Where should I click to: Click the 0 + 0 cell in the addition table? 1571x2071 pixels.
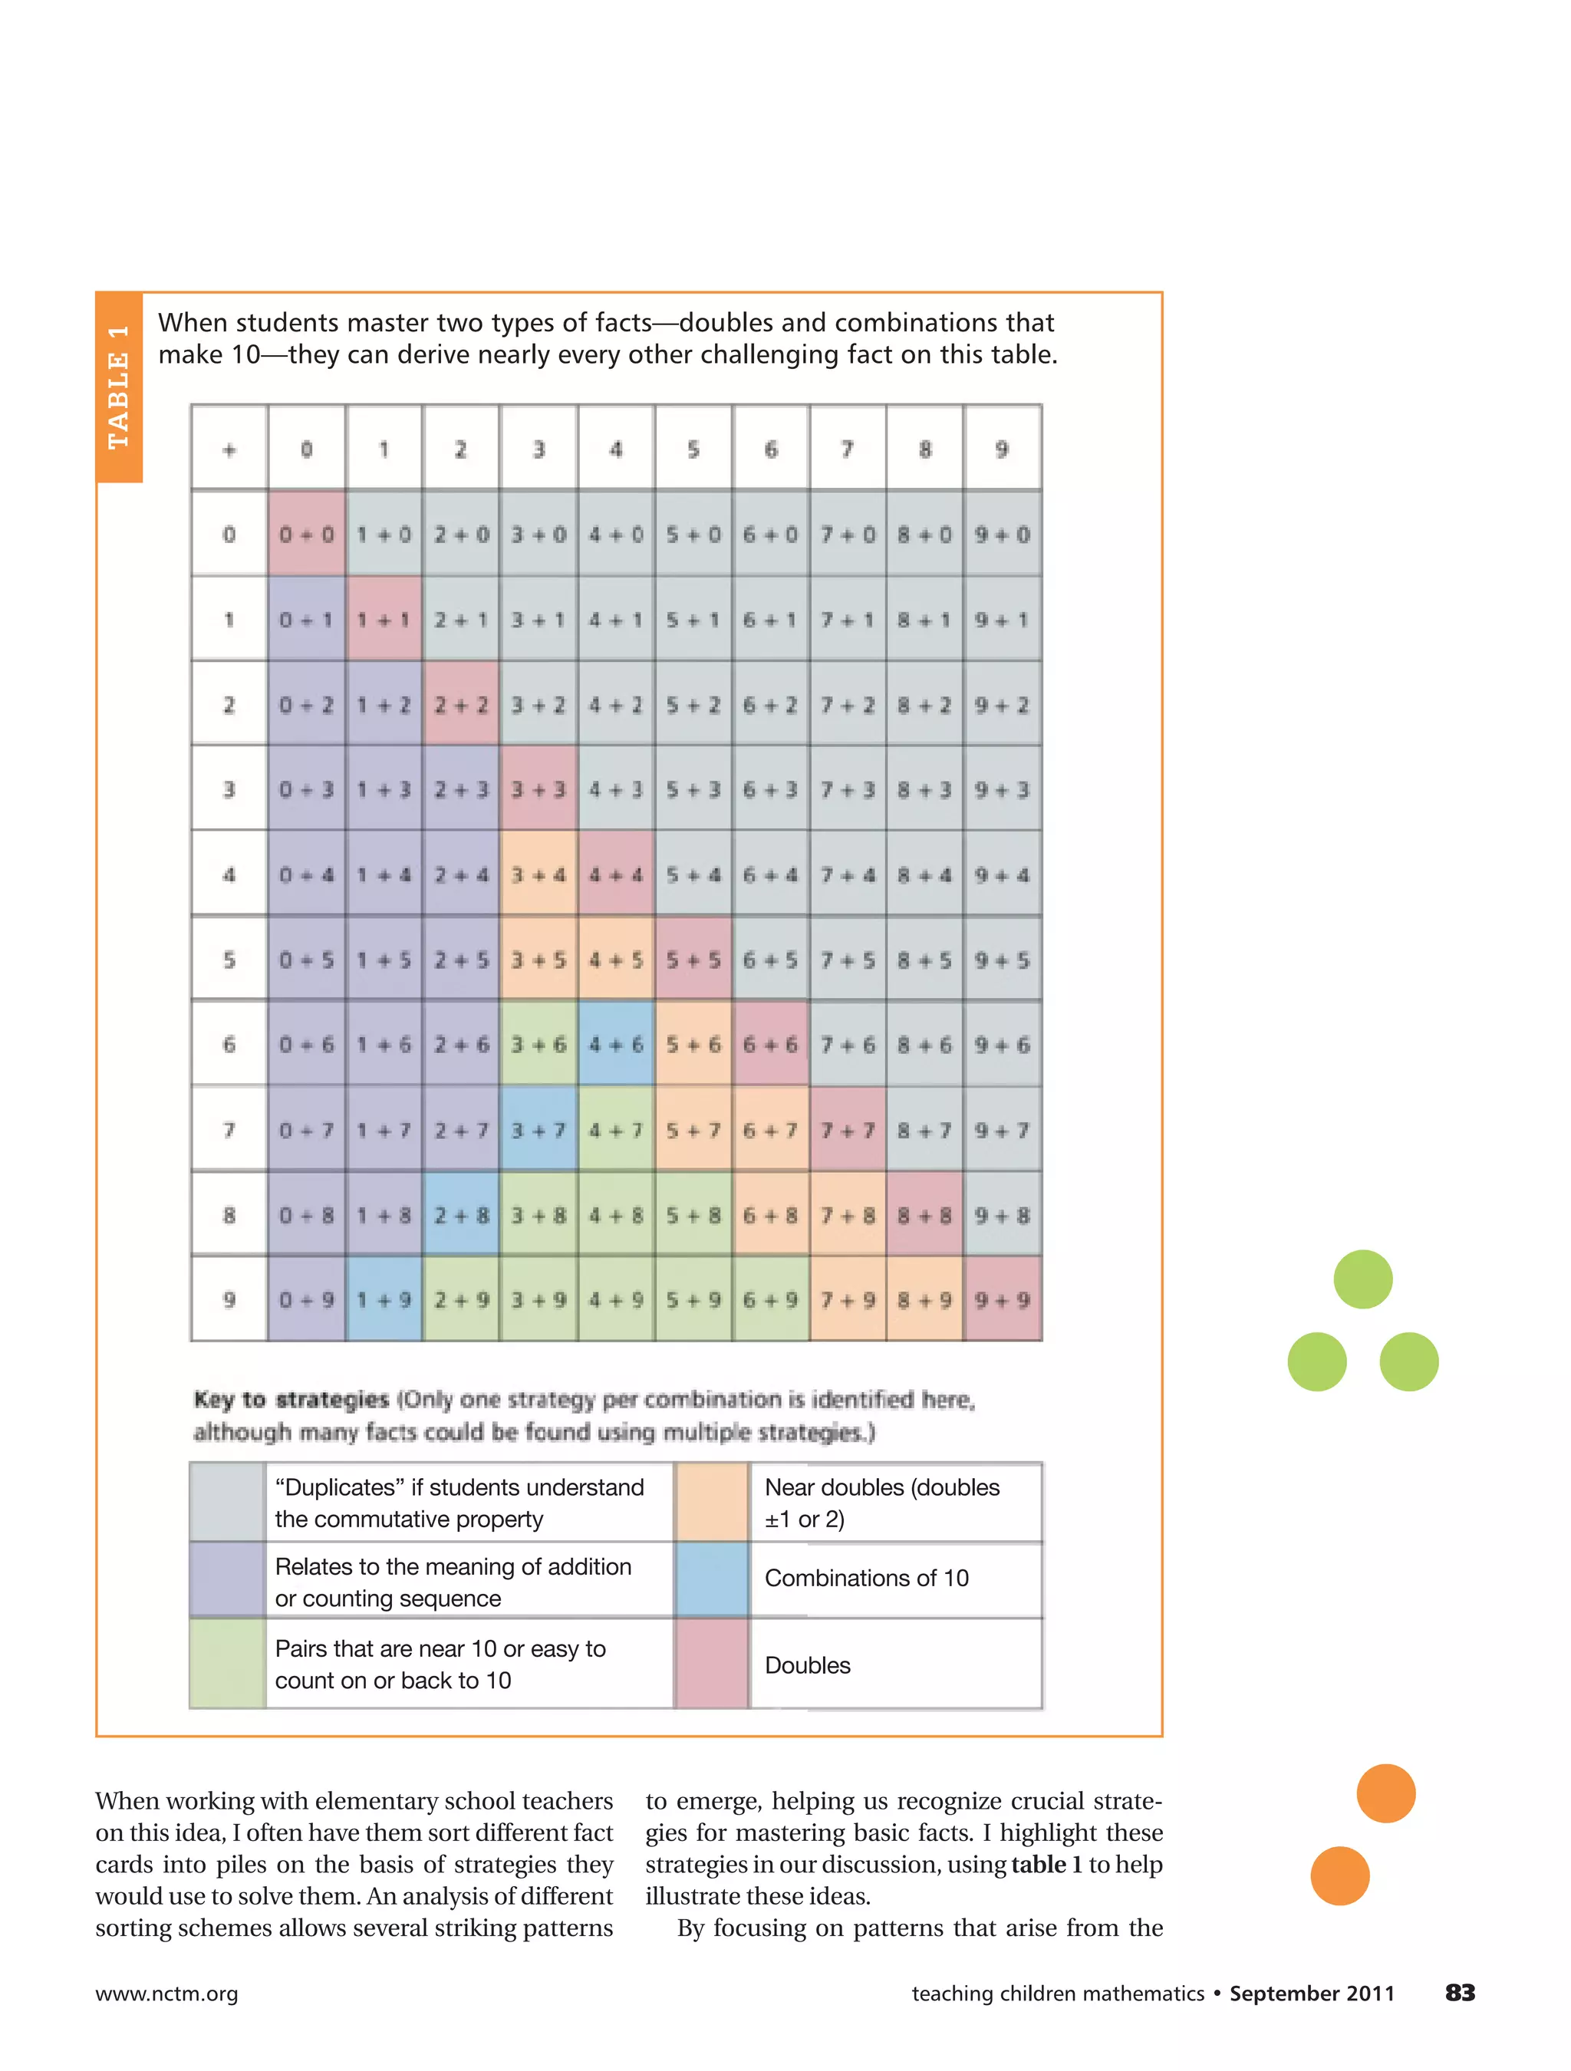click(306, 535)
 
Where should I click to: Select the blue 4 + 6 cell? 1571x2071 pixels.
click(616, 1044)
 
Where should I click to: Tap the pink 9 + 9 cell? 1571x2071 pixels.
click(1002, 1299)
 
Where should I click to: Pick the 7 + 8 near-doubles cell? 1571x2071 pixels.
click(848, 1215)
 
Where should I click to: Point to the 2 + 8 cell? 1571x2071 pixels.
click(460, 1215)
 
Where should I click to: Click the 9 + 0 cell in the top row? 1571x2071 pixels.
click(1002, 535)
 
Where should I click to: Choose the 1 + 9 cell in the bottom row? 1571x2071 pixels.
click(384, 1299)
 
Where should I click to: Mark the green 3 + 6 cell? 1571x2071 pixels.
click(538, 1044)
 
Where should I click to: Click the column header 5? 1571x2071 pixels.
click(693, 449)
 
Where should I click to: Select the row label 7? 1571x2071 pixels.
click(229, 1130)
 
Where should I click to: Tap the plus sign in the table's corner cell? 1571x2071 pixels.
click(229, 449)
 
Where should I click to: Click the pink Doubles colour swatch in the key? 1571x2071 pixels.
click(712, 1664)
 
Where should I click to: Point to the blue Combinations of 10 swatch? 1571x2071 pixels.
click(712, 1579)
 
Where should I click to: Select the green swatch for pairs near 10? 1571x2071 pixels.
click(228, 1664)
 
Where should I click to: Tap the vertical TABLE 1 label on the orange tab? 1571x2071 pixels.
click(119, 387)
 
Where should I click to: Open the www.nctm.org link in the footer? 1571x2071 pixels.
click(166, 1994)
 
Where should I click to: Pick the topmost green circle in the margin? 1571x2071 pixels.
click(1362, 1279)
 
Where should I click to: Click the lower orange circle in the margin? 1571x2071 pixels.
click(1340, 1875)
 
